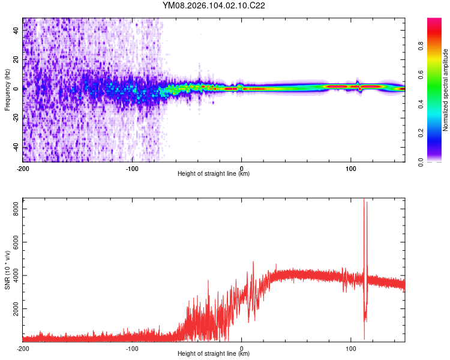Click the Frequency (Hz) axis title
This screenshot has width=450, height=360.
[7, 89]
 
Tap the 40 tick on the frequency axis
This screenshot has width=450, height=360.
[17, 31]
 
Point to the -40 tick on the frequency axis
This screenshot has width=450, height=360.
[16, 147]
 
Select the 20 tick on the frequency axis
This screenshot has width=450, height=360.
[17, 60]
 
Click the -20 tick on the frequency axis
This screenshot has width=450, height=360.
[16, 118]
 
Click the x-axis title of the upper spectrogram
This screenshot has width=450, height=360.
[214, 174]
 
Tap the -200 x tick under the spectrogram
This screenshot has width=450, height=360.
[23, 168]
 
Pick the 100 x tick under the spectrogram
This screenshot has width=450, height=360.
[350, 168]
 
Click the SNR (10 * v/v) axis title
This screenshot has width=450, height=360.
[7, 269]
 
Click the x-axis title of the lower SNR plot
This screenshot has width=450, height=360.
[214, 354]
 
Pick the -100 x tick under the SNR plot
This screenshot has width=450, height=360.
[132, 348]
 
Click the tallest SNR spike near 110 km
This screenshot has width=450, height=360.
[364, 201]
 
